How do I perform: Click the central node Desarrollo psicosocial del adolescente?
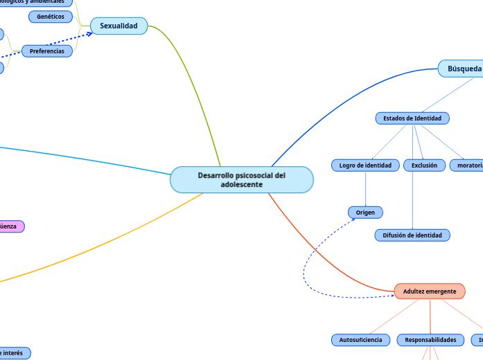tap(241, 180)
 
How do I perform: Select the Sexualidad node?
tap(118, 26)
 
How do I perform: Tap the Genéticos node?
tap(51, 16)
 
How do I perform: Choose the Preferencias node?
tap(47, 51)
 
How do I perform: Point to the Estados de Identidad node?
tap(412, 118)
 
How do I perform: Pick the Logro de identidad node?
tap(365, 165)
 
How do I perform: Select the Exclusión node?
tap(424, 165)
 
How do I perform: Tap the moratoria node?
tap(468, 165)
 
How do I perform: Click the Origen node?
tap(365, 212)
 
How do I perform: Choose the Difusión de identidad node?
tap(412, 235)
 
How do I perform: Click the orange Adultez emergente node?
tap(430, 291)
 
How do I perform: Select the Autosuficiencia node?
tap(360, 340)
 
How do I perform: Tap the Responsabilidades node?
tap(430, 340)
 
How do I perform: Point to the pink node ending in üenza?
tap(10, 226)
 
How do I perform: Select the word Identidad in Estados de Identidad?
tap(425, 118)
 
